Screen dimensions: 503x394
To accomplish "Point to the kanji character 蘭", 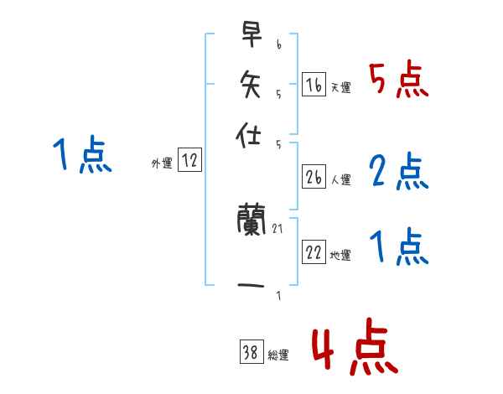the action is [x=251, y=222].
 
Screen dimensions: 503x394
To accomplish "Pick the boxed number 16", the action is [x=314, y=84].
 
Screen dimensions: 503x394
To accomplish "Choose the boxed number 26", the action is [x=314, y=177].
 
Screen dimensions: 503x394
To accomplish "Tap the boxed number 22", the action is [x=314, y=252].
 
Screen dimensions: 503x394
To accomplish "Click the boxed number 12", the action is [x=189, y=160].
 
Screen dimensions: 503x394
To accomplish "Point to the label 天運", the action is [x=340, y=87].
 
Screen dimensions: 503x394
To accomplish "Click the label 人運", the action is [x=340, y=179].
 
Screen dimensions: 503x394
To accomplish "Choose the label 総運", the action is [x=278, y=355].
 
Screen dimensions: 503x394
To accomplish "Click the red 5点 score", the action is [x=398, y=80].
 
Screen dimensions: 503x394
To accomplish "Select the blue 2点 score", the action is [x=398, y=172].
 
